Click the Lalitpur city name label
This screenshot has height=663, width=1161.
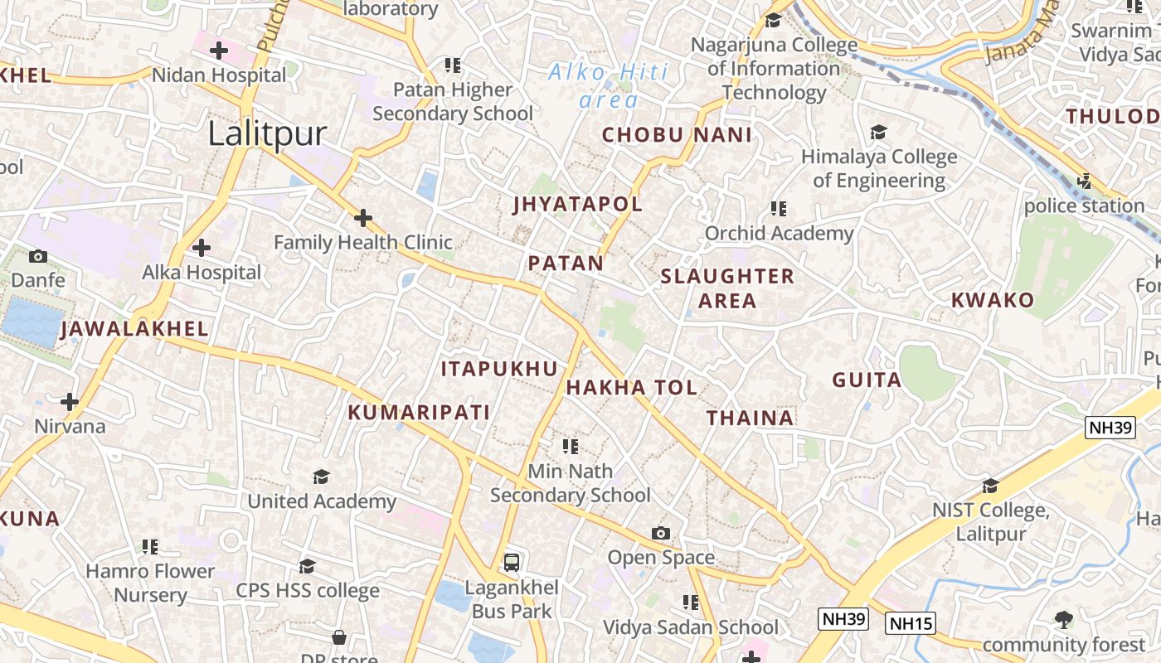(x=267, y=133)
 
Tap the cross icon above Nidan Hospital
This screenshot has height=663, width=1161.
(x=219, y=51)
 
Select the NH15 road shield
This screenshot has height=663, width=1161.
(x=910, y=623)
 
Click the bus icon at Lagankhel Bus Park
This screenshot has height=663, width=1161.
(x=512, y=563)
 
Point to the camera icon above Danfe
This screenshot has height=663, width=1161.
(x=38, y=256)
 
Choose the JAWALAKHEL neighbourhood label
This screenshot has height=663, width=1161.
(x=134, y=329)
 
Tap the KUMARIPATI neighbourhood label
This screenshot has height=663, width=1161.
(x=418, y=412)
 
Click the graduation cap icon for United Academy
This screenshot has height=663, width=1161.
(x=321, y=477)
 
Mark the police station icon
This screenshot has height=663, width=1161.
(x=1083, y=181)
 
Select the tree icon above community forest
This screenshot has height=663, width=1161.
(x=1063, y=619)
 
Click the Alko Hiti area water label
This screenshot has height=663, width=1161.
(x=609, y=86)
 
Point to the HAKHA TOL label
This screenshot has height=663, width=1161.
(x=631, y=387)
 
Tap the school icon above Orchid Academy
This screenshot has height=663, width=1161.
(x=778, y=208)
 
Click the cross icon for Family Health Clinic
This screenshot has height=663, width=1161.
(x=362, y=218)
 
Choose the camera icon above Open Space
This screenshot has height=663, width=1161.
(x=660, y=533)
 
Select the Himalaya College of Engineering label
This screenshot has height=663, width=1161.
(x=878, y=168)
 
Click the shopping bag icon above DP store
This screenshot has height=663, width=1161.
(x=338, y=637)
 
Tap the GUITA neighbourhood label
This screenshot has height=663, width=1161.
(x=867, y=380)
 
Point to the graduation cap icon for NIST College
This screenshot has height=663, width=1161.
(x=990, y=486)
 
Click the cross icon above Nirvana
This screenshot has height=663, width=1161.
(x=70, y=402)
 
